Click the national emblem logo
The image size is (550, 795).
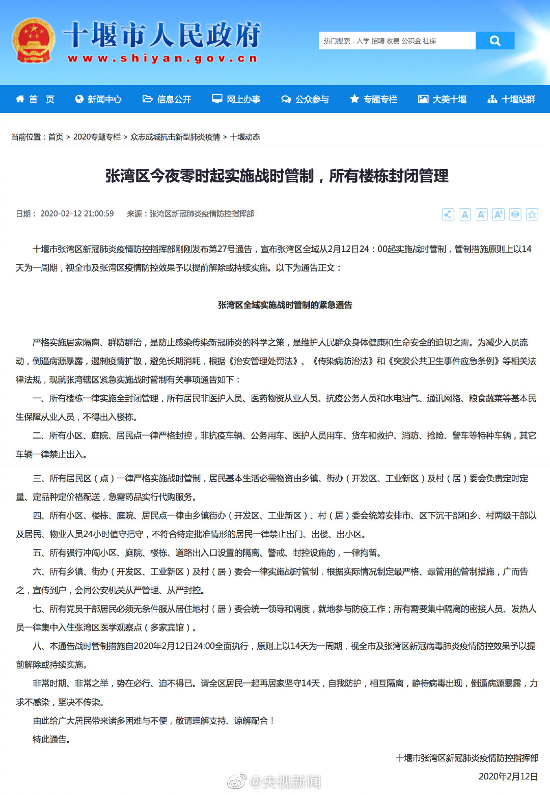pos(34,41)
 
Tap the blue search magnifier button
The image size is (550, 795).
pos(494,41)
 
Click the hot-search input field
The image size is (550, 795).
pos(397,41)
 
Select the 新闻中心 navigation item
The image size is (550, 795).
pos(98,99)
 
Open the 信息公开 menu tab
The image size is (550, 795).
pos(167,99)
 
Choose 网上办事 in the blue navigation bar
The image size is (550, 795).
pos(236,99)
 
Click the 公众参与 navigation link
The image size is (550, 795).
pos(306,99)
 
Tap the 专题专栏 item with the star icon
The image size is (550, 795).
pos(374,99)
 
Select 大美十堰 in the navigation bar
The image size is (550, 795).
pos(443,99)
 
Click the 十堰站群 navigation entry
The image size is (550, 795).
pos(512,99)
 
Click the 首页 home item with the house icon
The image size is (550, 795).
pos(35,99)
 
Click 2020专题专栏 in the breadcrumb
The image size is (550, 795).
pos(97,137)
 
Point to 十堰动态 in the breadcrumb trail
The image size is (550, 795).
pos(245,137)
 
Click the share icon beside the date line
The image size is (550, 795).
pos(448,214)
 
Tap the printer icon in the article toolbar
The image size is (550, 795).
pos(515,214)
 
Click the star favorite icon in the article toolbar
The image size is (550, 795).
pos(532,214)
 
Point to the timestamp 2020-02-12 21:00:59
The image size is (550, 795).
pos(77,214)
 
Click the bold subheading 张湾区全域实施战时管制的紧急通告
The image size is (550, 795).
pos(285,305)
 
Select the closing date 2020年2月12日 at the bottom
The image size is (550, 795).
pos(508,777)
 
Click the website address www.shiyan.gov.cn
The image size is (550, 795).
pos(162,59)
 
